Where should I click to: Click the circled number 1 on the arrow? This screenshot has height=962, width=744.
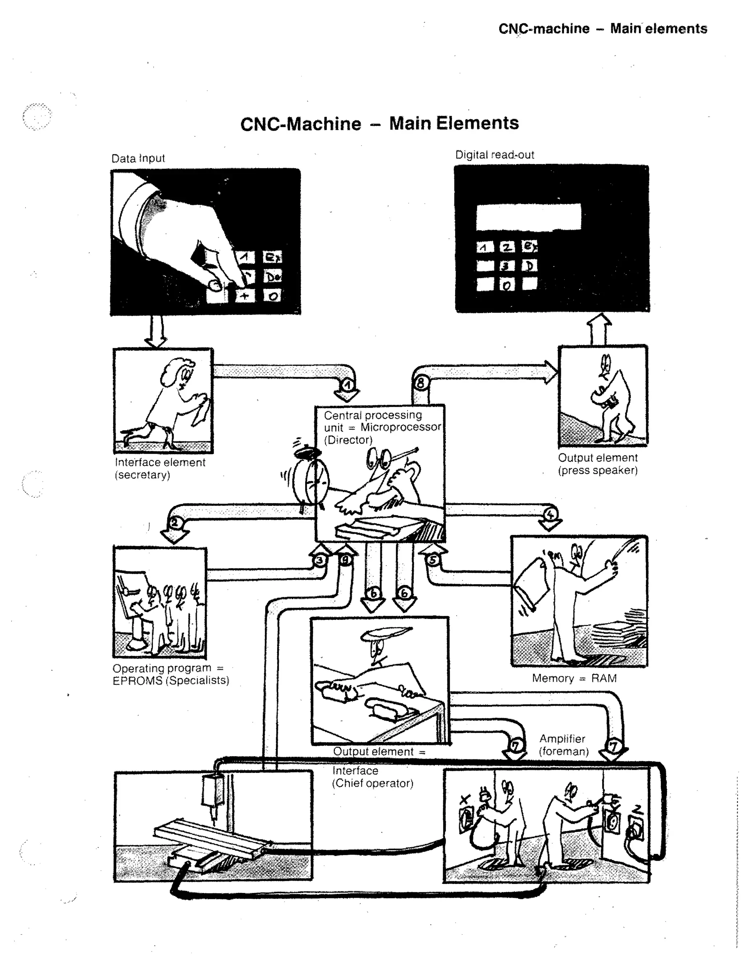point(348,386)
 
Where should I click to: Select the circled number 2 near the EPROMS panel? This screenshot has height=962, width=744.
point(175,523)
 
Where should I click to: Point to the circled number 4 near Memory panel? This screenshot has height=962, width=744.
point(550,514)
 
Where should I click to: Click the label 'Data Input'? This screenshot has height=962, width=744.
point(138,158)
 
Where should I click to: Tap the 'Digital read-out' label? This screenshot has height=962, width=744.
point(494,155)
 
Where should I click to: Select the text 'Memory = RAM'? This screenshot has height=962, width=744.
point(574,678)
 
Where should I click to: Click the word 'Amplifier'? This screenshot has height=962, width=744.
point(562,739)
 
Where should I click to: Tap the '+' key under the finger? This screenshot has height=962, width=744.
point(244,295)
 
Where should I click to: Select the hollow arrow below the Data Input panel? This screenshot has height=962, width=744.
point(156,332)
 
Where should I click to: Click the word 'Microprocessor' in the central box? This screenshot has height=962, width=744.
point(400,427)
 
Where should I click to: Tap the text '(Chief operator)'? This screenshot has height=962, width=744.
point(372,783)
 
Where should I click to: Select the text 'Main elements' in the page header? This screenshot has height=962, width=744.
point(659,29)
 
